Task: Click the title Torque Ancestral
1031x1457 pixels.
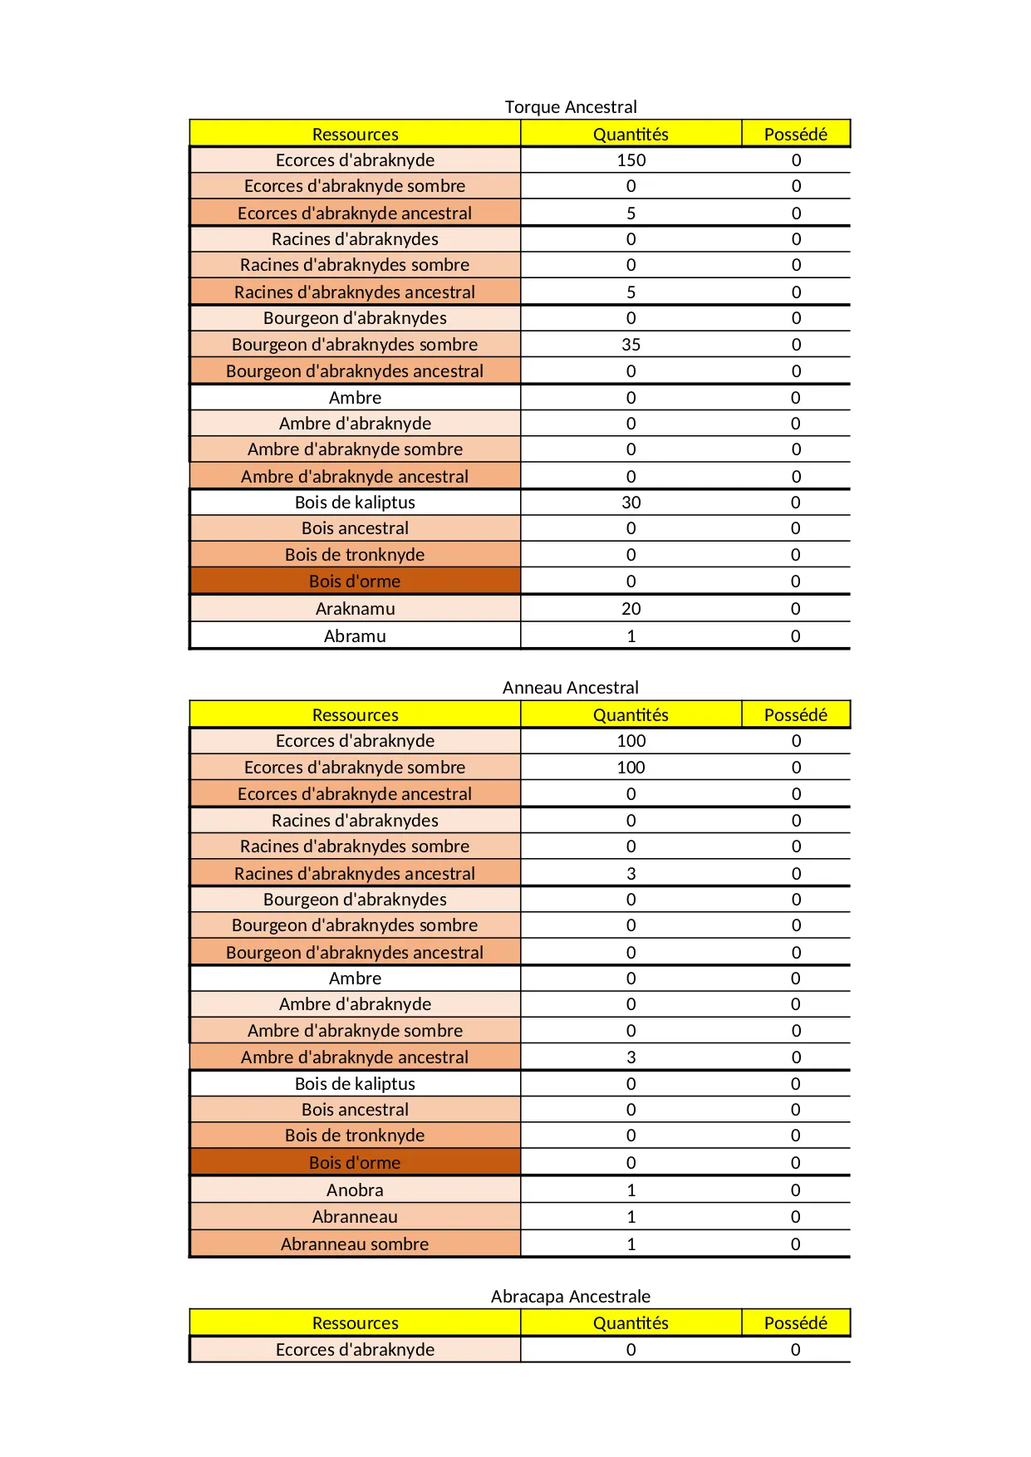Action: point(571,107)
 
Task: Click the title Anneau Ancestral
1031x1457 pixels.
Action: point(571,688)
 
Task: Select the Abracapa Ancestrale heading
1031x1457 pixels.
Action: point(571,1297)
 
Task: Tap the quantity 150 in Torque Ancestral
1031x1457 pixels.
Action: point(631,160)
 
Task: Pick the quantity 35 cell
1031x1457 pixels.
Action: point(631,345)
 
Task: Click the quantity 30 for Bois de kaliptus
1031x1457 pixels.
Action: point(631,503)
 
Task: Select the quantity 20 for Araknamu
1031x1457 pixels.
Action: point(631,609)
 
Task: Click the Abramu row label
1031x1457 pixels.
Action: point(355,636)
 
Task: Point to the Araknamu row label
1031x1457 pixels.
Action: point(355,609)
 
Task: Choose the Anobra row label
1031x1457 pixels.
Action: point(355,1190)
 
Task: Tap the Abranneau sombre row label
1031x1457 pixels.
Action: point(355,1244)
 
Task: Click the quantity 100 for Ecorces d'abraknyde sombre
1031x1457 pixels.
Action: point(631,768)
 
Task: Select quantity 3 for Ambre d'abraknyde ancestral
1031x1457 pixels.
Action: point(631,1057)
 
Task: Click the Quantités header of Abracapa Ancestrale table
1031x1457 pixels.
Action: point(631,1323)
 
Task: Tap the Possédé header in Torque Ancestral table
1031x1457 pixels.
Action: point(795,135)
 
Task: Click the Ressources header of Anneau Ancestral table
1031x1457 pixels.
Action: point(355,715)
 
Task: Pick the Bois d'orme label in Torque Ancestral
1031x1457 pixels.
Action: point(355,581)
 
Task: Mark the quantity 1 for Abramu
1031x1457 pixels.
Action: point(631,636)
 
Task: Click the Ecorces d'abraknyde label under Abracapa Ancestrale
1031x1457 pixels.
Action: point(355,1350)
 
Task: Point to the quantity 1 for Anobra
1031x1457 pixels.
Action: point(631,1190)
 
